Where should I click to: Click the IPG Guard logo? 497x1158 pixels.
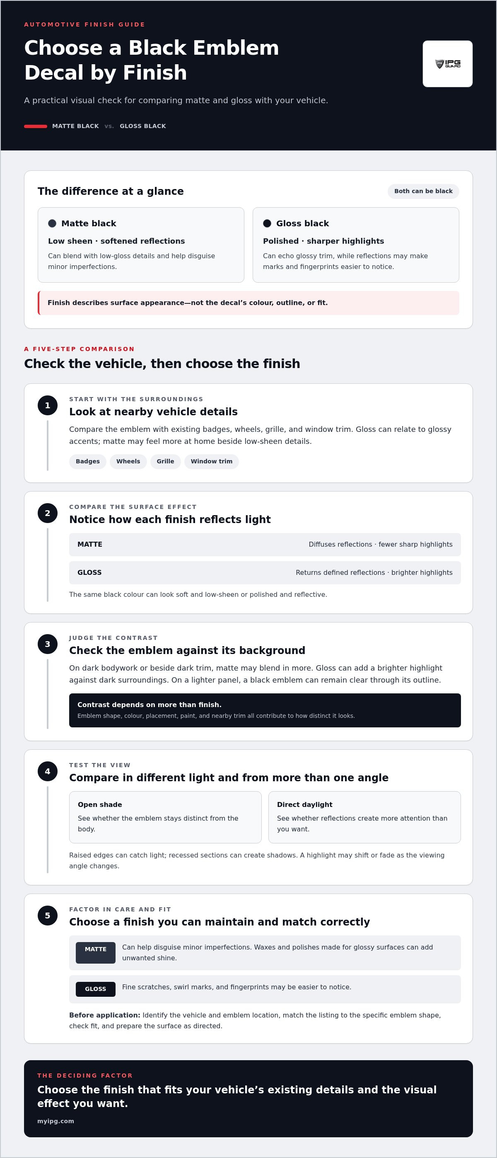pyautogui.click(x=448, y=64)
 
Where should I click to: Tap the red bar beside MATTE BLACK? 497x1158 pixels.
pyautogui.click(x=36, y=126)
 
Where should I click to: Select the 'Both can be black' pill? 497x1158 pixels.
pyautogui.click(x=423, y=191)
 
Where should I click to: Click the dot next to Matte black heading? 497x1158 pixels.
pyautogui.click(x=52, y=223)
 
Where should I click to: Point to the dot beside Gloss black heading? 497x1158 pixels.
pyautogui.click(x=267, y=223)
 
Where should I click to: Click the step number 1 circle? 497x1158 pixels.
pyautogui.click(x=48, y=405)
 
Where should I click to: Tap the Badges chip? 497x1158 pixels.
pyautogui.click(x=88, y=461)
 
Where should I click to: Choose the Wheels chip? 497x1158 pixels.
pyautogui.click(x=128, y=461)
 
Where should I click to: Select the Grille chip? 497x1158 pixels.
pyautogui.click(x=165, y=461)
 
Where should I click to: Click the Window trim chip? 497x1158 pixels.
pyautogui.click(x=212, y=461)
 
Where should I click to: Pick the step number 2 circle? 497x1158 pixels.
pyautogui.click(x=48, y=514)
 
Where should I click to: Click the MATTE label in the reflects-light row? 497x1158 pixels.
pyautogui.click(x=90, y=544)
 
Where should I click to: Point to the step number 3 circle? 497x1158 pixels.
pyautogui.click(x=48, y=644)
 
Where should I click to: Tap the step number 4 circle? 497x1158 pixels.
pyautogui.click(x=48, y=771)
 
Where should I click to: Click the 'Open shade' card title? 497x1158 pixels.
pyautogui.click(x=100, y=804)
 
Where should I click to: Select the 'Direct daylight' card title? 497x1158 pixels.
pyautogui.click(x=305, y=804)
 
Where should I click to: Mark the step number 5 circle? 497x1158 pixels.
pyautogui.click(x=48, y=916)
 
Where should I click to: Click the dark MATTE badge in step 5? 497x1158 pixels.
pyautogui.click(x=96, y=952)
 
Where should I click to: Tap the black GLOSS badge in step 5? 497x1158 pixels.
pyautogui.click(x=96, y=989)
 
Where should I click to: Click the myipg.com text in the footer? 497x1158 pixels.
pyautogui.click(x=56, y=1121)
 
